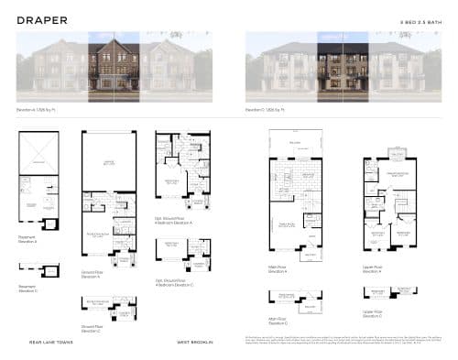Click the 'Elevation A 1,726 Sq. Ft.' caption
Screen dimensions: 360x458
pyautogui.click(x=36, y=109)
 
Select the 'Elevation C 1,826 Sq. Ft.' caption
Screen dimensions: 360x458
pyautogui.click(x=265, y=109)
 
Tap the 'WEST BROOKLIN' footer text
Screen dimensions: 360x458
pyautogui.click(x=195, y=343)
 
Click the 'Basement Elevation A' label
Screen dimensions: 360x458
pyautogui.click(x=27, y=239)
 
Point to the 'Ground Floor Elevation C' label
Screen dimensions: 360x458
pyautogui.click(x=91, y=327)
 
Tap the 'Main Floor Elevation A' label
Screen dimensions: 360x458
pyautogui.click(x=278, y=269)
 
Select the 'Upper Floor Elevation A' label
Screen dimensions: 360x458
pyautogui.click(x=371, y=269)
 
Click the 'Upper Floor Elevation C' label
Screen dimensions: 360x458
pyautogui.click(x=371, y=314)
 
